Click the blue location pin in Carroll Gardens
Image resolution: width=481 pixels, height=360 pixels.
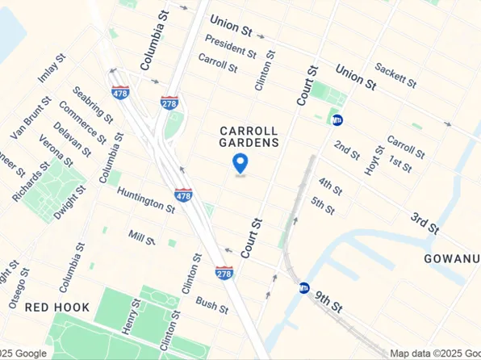[240, 163]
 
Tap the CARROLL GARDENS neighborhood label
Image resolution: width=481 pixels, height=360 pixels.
[249, 136]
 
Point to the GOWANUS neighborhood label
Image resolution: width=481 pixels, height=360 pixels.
[453, 258]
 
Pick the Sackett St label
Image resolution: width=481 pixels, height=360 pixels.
[395, 77]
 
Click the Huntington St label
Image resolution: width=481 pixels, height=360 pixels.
[145, 199]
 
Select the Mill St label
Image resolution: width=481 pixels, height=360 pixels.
[141, 236]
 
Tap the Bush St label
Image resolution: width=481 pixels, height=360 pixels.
[212, 305]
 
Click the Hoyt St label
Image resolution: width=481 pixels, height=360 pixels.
[375, 158]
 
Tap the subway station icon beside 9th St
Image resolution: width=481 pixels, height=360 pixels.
[304, 287]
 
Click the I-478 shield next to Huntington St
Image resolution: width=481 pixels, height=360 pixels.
[183, 196]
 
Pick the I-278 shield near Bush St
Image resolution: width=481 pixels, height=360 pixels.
[224, 274]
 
